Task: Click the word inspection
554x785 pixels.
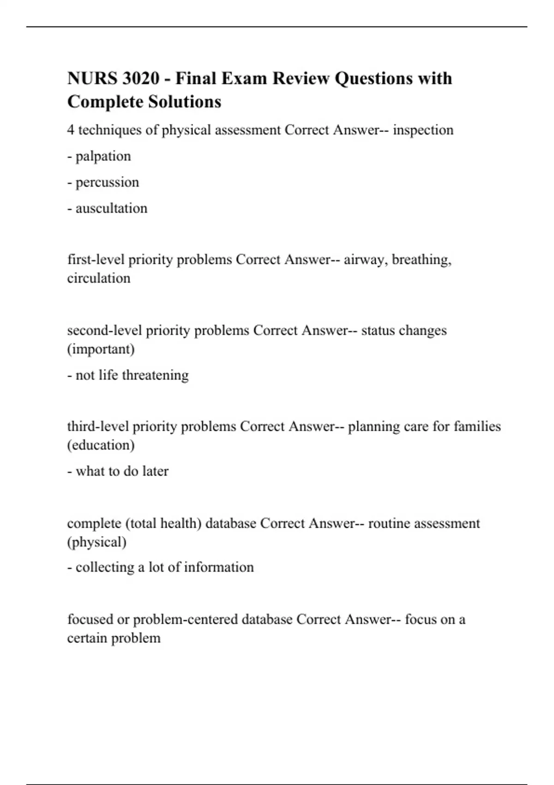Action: (x=423, y=130)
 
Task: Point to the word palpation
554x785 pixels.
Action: (x=103, y=156)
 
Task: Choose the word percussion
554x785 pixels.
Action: (x=107, y=182)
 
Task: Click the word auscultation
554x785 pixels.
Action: (x=111, y=208)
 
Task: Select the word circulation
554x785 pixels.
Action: (x=99, y=278)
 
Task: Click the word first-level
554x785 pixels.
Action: (x=96, y=260)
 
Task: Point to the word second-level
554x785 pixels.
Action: (x=105, y=331)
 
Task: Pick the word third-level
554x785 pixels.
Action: (x=98, y=426)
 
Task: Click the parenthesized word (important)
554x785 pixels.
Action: (x=101, y=349)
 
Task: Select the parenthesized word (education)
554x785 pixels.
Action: (x=101, y=445)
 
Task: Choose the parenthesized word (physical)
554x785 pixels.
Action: (x=97, y=542)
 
